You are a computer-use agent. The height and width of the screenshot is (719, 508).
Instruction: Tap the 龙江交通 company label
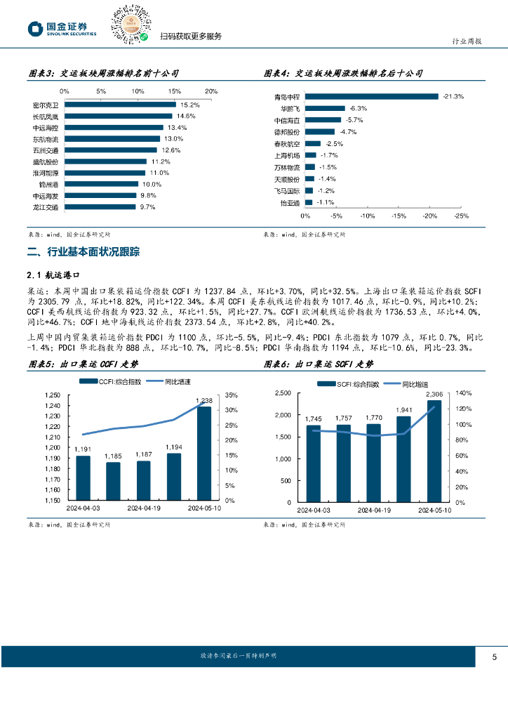(45, 207)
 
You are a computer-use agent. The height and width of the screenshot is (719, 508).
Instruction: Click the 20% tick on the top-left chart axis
(210, 91)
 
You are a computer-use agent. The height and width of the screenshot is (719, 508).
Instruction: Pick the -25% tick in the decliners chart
(461, 216)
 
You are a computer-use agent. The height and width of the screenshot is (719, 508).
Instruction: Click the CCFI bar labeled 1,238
(203, 453)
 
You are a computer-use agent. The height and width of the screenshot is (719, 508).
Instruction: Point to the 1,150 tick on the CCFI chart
(54, 501)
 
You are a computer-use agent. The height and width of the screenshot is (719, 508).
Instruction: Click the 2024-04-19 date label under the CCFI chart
(144, 508)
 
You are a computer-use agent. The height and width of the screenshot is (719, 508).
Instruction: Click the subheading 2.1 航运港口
(51, 275)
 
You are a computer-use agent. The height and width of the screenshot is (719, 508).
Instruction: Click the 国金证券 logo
(62, 28)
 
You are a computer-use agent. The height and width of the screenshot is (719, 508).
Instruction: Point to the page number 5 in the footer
(494, 657)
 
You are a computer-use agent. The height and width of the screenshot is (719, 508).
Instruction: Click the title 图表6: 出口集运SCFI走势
(319, 364)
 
